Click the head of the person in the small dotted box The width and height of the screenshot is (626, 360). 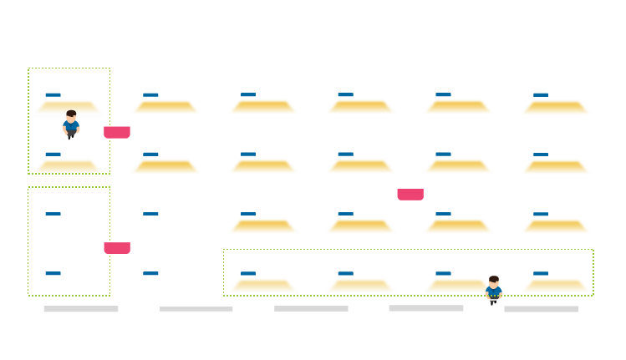point(71,115)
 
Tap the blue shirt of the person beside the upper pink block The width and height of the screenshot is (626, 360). point(71,126)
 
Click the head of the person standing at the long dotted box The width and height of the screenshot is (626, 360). point(493,281)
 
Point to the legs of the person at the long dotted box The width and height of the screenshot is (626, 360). point(493,301)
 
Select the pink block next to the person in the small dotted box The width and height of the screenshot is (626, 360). point(117,132)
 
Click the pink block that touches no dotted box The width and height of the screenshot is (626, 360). point(410,195)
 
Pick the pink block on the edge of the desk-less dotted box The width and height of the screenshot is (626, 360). point(117,247)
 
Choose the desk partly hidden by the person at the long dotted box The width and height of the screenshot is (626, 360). point(456,286)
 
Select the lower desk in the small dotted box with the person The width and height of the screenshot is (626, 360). point(68,167)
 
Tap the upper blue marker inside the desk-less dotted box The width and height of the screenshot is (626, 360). point(53,214)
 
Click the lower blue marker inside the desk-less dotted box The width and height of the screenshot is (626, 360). point(53,273)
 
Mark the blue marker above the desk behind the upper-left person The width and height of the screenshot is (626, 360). point(53,94)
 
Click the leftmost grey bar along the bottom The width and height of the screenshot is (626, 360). point(81,309)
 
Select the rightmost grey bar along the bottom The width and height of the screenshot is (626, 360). point(541,309)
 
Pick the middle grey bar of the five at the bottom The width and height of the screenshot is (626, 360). point(311,309)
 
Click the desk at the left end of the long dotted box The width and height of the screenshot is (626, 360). point(262,286)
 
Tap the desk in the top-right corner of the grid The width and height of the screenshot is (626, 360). point(556,107)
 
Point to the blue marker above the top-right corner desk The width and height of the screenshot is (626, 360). point(541,94)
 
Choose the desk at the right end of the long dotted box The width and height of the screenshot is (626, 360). point(556,286)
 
